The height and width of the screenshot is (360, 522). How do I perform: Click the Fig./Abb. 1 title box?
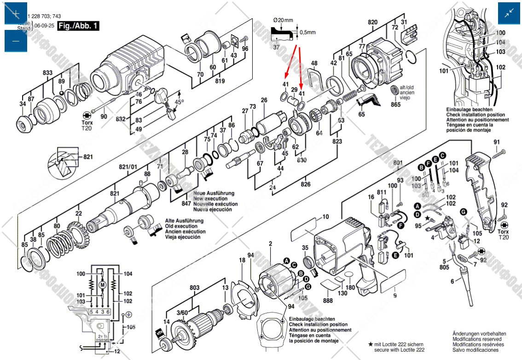(78, 26)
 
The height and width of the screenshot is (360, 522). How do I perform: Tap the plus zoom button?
(16, 13)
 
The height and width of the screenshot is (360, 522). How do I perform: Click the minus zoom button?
(16, 41)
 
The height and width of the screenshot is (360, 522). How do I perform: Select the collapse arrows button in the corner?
(509, 13)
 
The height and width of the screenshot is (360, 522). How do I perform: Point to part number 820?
(372, 22)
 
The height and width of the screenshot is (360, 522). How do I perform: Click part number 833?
(47, 73)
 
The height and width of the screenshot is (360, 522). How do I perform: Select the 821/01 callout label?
(128, 166)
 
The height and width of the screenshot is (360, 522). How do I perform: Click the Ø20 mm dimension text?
(283, 20)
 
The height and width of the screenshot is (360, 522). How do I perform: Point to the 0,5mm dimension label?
(308, 33)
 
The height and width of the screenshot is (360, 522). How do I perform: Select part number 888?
(328, 300)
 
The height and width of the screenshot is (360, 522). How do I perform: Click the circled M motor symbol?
(103, 285)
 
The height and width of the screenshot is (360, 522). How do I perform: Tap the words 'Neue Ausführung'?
(214, 193)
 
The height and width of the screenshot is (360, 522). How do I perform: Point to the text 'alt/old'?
(406, 87)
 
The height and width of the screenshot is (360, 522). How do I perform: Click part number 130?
(342, 293)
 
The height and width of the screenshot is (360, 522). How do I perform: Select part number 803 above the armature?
(194, 288)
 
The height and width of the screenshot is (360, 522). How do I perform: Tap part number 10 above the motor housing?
(325, 216)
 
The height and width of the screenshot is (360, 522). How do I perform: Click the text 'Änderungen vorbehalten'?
(479, 334)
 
